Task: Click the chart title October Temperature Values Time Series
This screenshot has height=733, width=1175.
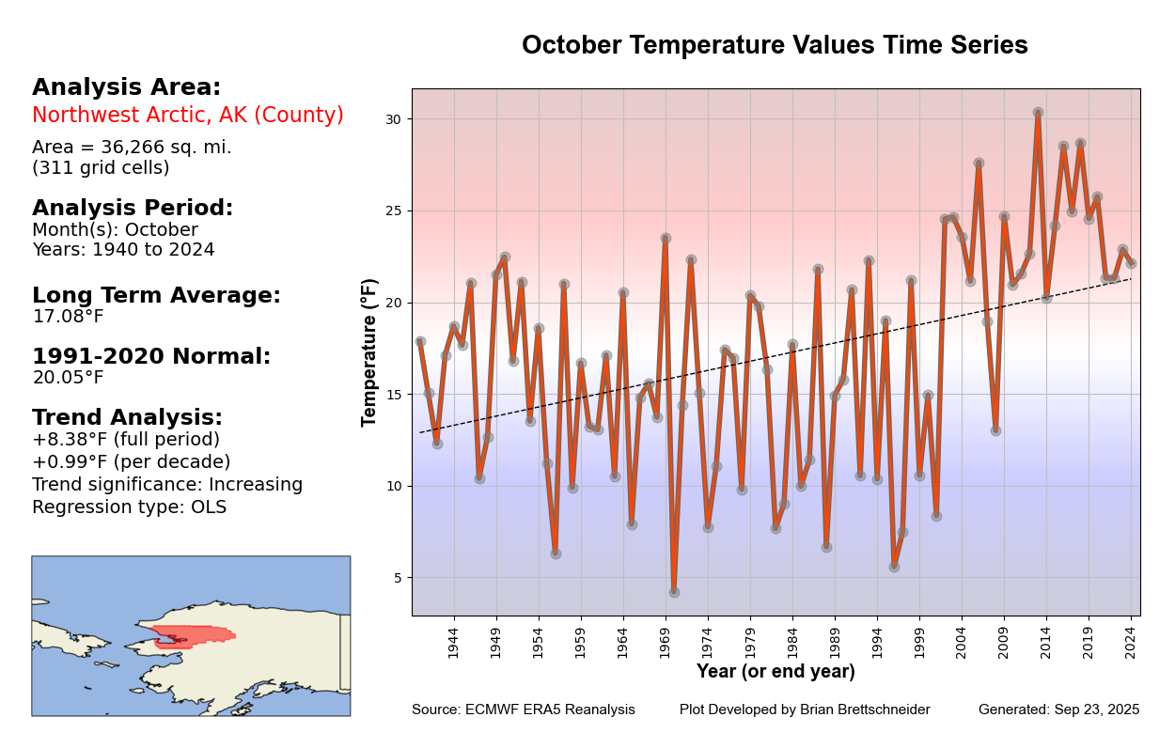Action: point(775,45)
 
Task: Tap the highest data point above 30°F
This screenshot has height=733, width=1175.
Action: point(1038,113)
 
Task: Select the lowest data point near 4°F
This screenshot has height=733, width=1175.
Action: point(674,592)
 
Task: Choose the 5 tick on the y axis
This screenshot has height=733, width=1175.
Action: point(397,578)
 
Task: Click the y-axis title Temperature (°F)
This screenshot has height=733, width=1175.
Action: point(369,352)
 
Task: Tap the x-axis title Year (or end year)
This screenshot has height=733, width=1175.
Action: point(775,672)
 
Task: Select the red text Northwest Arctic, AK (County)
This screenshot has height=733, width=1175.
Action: point(188,116)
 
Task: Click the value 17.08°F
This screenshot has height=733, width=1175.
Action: point(68,317)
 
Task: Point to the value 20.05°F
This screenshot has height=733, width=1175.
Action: point(68,378)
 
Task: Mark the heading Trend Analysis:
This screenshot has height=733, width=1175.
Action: point(127,417)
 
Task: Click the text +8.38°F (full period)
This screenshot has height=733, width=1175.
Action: point(126,440)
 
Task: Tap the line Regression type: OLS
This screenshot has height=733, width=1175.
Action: point(129,507)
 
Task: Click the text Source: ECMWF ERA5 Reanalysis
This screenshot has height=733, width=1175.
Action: point(523,710)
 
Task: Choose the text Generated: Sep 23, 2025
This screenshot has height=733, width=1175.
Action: point(1058,710)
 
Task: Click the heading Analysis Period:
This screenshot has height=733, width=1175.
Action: point(133,208)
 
